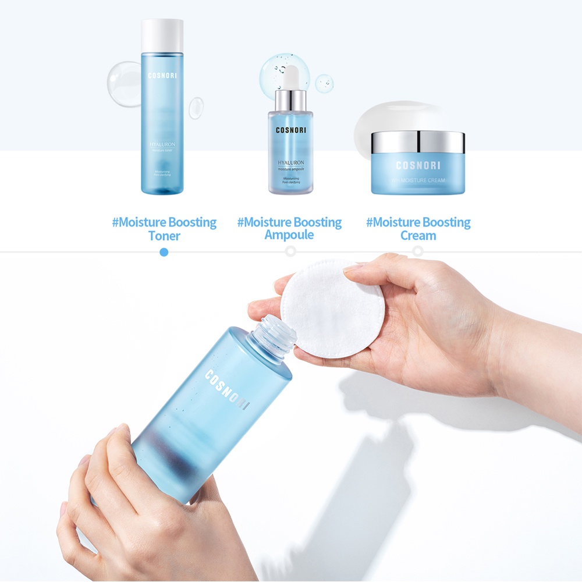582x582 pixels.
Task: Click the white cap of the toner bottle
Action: pos(162,35)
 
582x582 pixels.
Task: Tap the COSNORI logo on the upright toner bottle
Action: pos(162,75)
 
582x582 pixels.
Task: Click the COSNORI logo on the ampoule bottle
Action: pos(290,130)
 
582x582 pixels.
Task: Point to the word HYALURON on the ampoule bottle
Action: pos(290,162)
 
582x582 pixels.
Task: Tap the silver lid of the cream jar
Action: pos(418,142)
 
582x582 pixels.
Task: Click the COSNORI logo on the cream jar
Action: pos(418,165)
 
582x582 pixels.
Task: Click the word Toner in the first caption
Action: pos(164,236)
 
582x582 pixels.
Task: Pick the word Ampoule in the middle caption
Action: pos(289,235)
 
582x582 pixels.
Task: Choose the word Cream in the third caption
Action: pos(418,236)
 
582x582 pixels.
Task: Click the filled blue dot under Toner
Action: pos(164,251)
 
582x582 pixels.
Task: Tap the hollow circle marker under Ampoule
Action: pos(290,251)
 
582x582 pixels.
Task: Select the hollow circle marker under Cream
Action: pos(418,251)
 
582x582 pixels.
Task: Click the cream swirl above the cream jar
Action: pos(396,116)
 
